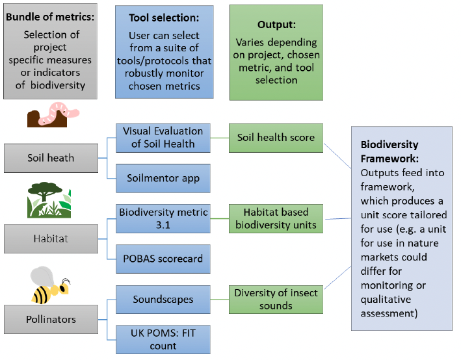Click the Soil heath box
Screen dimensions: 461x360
(51, 158)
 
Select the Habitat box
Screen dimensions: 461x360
(51, 238)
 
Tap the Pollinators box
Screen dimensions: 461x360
(51, 319)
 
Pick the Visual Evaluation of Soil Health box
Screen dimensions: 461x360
(163, 138)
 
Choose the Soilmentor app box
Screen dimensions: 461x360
(163, 178)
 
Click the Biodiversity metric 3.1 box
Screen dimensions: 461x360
(163, 218)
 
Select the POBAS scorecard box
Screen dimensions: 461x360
(163, 259)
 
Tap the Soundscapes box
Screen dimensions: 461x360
(163, 299)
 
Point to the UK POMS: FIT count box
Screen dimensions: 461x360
(163, 339)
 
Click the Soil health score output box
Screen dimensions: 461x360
(276, 138)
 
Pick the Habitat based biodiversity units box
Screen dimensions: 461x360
(276, 218)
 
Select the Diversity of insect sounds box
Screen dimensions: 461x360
(276, 299)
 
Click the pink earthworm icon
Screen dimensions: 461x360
(53, 114)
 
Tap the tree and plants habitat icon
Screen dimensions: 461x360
(49, 200)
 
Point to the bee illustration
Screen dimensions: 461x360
(50, 285)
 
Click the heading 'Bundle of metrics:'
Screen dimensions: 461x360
(50, 17)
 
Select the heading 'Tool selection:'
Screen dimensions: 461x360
(164, 18)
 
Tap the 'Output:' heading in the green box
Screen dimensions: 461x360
(276, 25)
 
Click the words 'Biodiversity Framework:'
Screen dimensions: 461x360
(390, 151)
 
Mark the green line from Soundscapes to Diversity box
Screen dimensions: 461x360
(220, 299)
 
